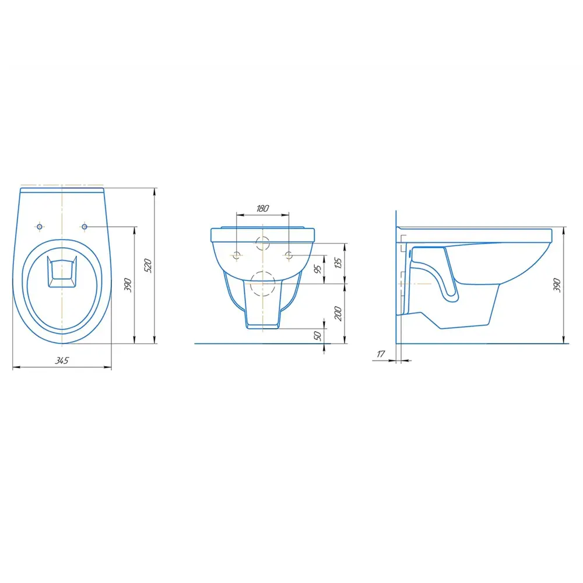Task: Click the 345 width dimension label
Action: pos(62,360)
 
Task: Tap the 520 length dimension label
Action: pos(147,265)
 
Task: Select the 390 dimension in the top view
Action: pos(128,285)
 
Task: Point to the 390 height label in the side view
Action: pos(557,285)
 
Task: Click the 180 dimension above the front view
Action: pos(262,208)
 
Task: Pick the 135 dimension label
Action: pos(338,262)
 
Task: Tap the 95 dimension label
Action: pos(318,269)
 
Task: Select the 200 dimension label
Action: pos(338,314)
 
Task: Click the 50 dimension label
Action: pos(318,335)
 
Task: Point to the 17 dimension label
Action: pos(381,354)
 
